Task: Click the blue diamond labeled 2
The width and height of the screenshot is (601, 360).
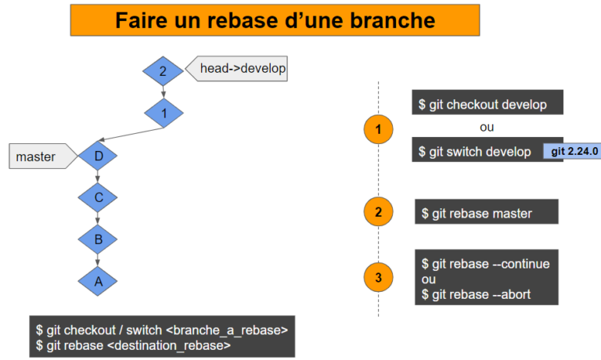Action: coord(163,72)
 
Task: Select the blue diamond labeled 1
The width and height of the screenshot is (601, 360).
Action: coord(164,113)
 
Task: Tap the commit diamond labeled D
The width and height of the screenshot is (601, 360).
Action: coord(99,156)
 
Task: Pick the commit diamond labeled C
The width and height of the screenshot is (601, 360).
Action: coord(99,197)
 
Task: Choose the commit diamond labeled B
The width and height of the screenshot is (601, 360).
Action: coord(99,239)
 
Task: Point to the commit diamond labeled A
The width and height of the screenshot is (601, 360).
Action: coord(99,281)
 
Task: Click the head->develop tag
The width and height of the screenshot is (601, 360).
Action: coord(240,69)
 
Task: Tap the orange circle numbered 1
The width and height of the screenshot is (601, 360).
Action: coord(379,130)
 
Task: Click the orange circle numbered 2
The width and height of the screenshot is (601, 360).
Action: coord(379,212)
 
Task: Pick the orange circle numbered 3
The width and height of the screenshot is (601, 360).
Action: coord(379,276)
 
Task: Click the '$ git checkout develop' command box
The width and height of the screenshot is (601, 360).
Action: coord(487,104)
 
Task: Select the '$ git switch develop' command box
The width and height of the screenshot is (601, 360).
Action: coord(477,150)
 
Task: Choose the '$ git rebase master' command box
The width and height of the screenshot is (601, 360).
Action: coord(486,213)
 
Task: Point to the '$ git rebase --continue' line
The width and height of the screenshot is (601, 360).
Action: coord(485,264)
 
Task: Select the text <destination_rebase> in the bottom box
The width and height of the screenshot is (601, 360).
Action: coord(183,343)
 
